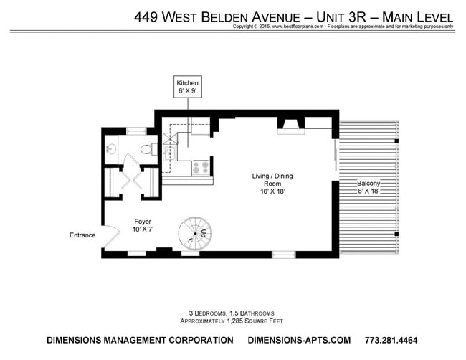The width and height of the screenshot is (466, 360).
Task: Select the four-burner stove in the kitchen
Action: tap(201, 169)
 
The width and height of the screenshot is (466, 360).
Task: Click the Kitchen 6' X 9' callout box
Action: tap(188, 87)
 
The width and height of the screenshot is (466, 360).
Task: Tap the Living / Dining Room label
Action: tap(272, 184)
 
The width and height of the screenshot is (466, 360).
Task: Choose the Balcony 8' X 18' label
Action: tap(368, 187)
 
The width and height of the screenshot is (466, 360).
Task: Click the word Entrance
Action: tap(82, 235)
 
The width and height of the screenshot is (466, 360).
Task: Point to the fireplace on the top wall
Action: tap(290, 126)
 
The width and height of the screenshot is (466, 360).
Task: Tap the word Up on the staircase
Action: tap(204, 234)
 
